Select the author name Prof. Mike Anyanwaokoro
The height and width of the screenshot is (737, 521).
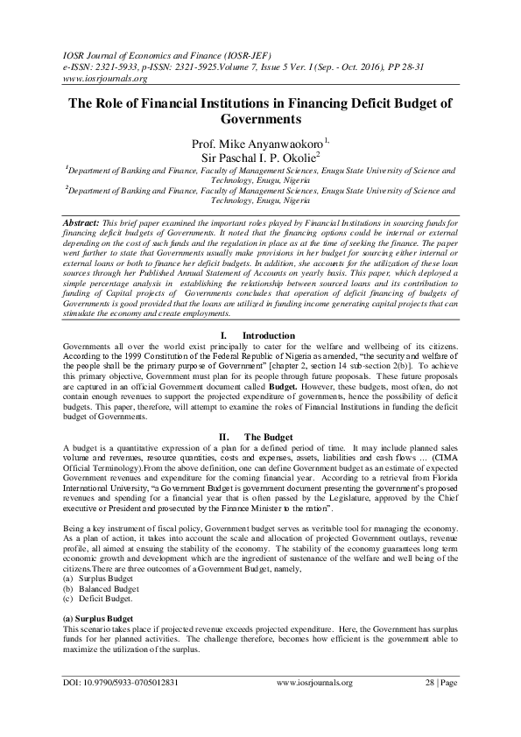click(x=257, y=142)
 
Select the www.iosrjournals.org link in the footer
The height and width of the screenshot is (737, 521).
click(x=314, y=683)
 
